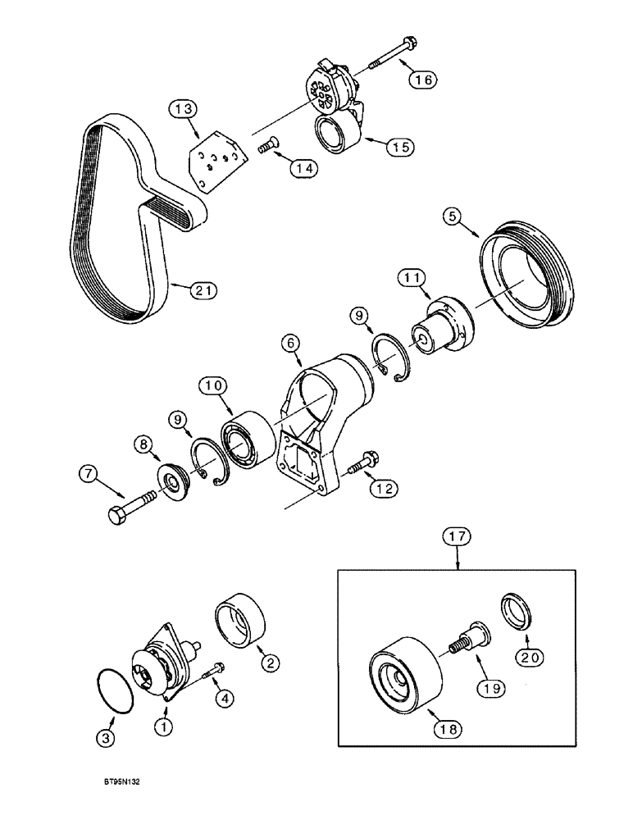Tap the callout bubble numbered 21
point(202,289)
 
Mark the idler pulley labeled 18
point(406,669)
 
